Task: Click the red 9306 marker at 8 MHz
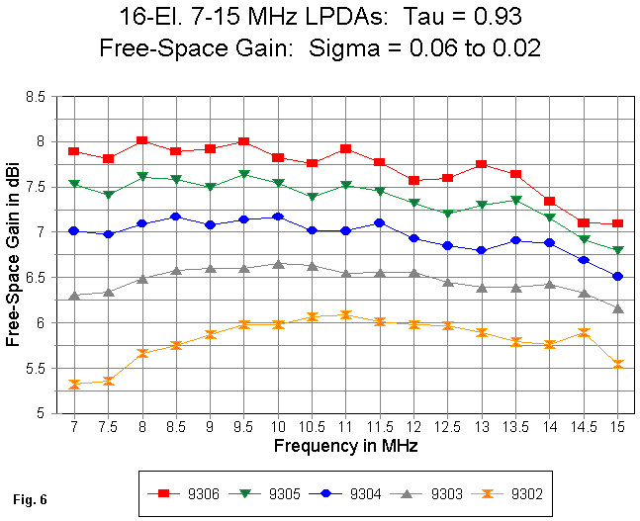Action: pos(142,141)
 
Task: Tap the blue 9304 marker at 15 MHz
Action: pos(617,277)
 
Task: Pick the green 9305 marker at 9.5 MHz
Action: pos(244,175)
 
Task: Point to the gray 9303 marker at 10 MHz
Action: pos(278,265)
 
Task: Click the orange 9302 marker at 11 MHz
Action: pos(346,315)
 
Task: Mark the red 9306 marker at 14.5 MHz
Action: pos(584,223)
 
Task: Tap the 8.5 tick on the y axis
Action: pos(37,97)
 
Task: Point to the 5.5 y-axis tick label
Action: pos(37,369)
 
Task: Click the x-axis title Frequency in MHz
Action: pos(345,446)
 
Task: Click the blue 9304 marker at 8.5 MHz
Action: pos(176,217)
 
